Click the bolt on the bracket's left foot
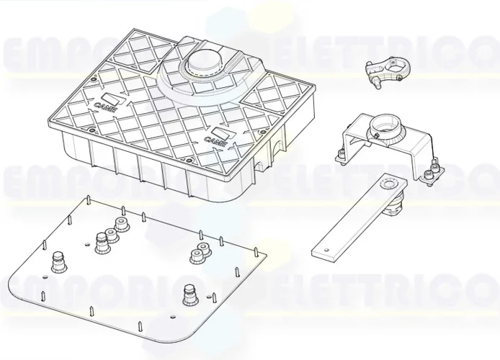[338, 152]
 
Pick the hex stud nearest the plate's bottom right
[190, 292]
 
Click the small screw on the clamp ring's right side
[399, 72]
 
